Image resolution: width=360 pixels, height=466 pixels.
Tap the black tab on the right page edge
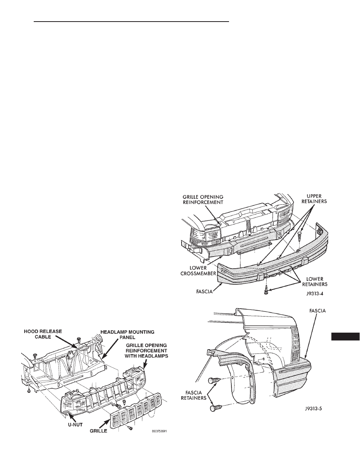(345, 336)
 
